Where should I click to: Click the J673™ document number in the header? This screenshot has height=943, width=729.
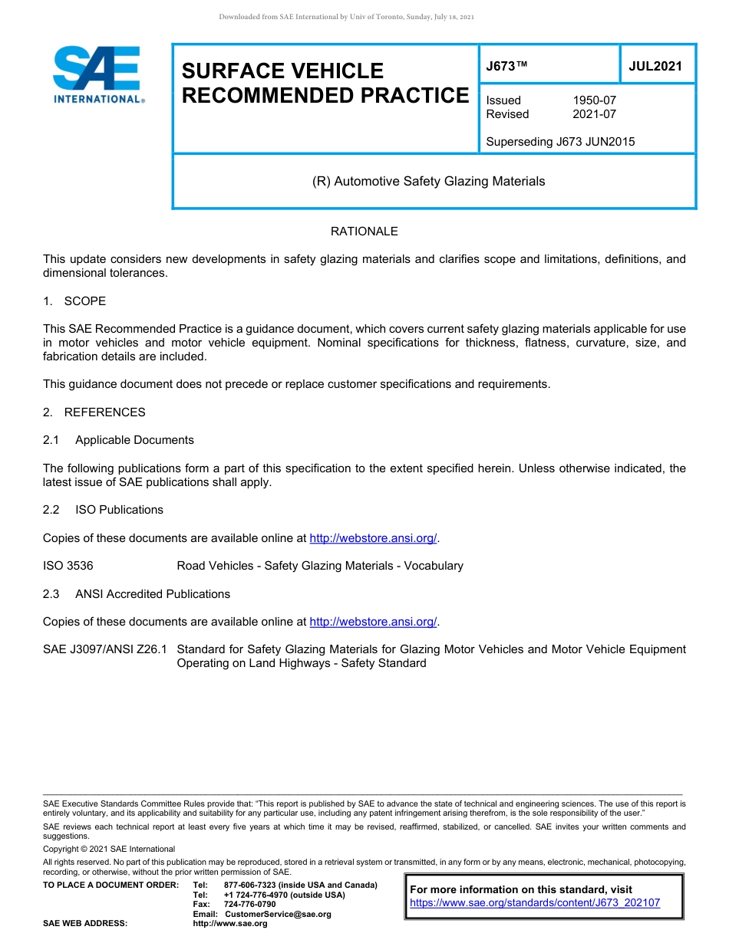pyautogui.click(x=507, y=66)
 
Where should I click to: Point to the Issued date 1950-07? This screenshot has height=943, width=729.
pyautogui.click(x=594, y=100)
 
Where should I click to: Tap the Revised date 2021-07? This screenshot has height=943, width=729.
pyautogui.click(x=594, y=114)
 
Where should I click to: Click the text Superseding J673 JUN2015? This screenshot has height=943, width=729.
pyautogui.click(x=560, y=142)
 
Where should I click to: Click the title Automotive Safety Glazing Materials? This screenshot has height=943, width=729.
pyautogui.click(x=429, y=182)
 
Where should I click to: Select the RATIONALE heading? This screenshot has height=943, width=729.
pyautogui.click(x=364, y=232)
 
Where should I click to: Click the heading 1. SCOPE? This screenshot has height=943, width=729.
pyautogui.click(x=74, y=301)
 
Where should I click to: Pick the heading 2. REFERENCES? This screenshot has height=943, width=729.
pyautogui.click(x=94, y=412)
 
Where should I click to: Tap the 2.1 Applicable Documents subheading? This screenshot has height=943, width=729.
pyautogui.click(x=119, y=440)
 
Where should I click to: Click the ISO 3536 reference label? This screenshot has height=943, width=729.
pyautogui.click(x=68, y=566)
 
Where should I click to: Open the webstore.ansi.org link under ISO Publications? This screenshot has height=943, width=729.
pyautogui.click(x=373, y=538)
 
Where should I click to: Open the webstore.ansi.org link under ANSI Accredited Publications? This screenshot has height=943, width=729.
pyautogui.click(x=373, y=622)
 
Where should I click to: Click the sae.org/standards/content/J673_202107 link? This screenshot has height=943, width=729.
pyautogui.click(x=535, y=903)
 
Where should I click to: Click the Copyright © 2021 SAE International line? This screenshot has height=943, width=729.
pyautogui.click(x=109, y=849)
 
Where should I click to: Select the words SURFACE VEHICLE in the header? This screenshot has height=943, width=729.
pyautogui.click(x=282, y=71)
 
